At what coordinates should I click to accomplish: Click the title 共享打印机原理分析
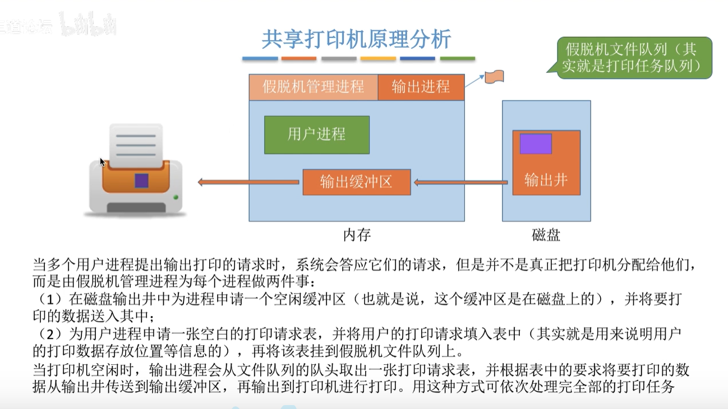pos(356,40)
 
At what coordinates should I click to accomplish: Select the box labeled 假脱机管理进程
pos(313,87)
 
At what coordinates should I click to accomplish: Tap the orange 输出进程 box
pos(421,87)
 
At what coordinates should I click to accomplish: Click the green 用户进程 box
pos(316,134)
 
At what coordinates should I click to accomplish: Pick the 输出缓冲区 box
pos(356,182)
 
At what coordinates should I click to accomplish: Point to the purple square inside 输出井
pos(536,144)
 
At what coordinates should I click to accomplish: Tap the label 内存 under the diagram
pos(357,235)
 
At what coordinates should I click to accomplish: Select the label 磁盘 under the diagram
pos(546,235)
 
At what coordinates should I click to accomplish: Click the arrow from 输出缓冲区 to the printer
pos(248,182)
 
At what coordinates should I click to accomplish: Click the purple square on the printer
pos(141,180)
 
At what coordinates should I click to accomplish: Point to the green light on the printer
pos(176,197)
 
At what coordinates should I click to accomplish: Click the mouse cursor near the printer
pos(102,162)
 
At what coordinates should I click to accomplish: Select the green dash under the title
pos(457,58)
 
